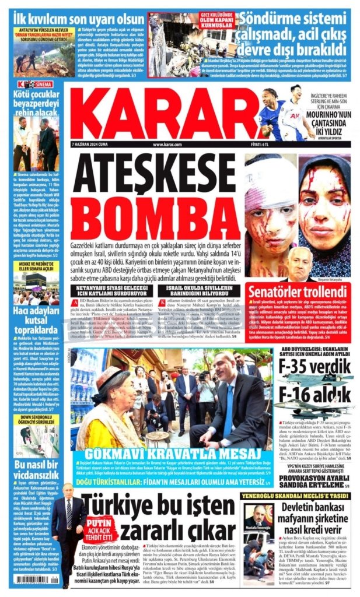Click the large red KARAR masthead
point(158,114)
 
